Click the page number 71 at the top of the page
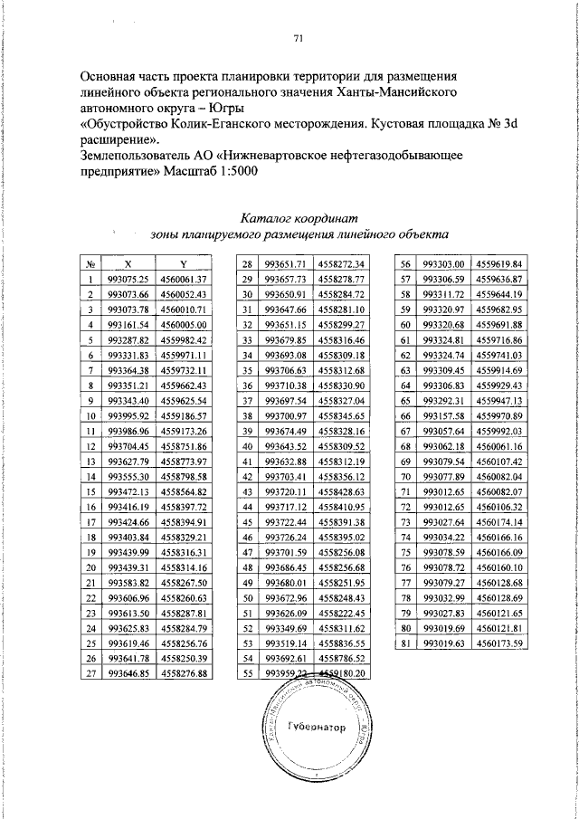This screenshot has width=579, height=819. coord(298,38)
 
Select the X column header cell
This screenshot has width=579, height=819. coord(128,263)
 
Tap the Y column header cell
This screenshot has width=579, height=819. coord(184,263)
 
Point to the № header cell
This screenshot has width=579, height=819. coord(90,263)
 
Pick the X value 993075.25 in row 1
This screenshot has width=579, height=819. coord(128,279)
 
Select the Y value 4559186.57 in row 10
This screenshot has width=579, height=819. coord(185,415)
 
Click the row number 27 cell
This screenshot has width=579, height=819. coord(90,673)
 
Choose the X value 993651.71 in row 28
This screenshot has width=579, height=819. coord(286,263)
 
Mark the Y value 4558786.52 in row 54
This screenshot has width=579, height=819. coord(341,658)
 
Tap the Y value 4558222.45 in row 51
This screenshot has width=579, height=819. coord(341,613)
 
